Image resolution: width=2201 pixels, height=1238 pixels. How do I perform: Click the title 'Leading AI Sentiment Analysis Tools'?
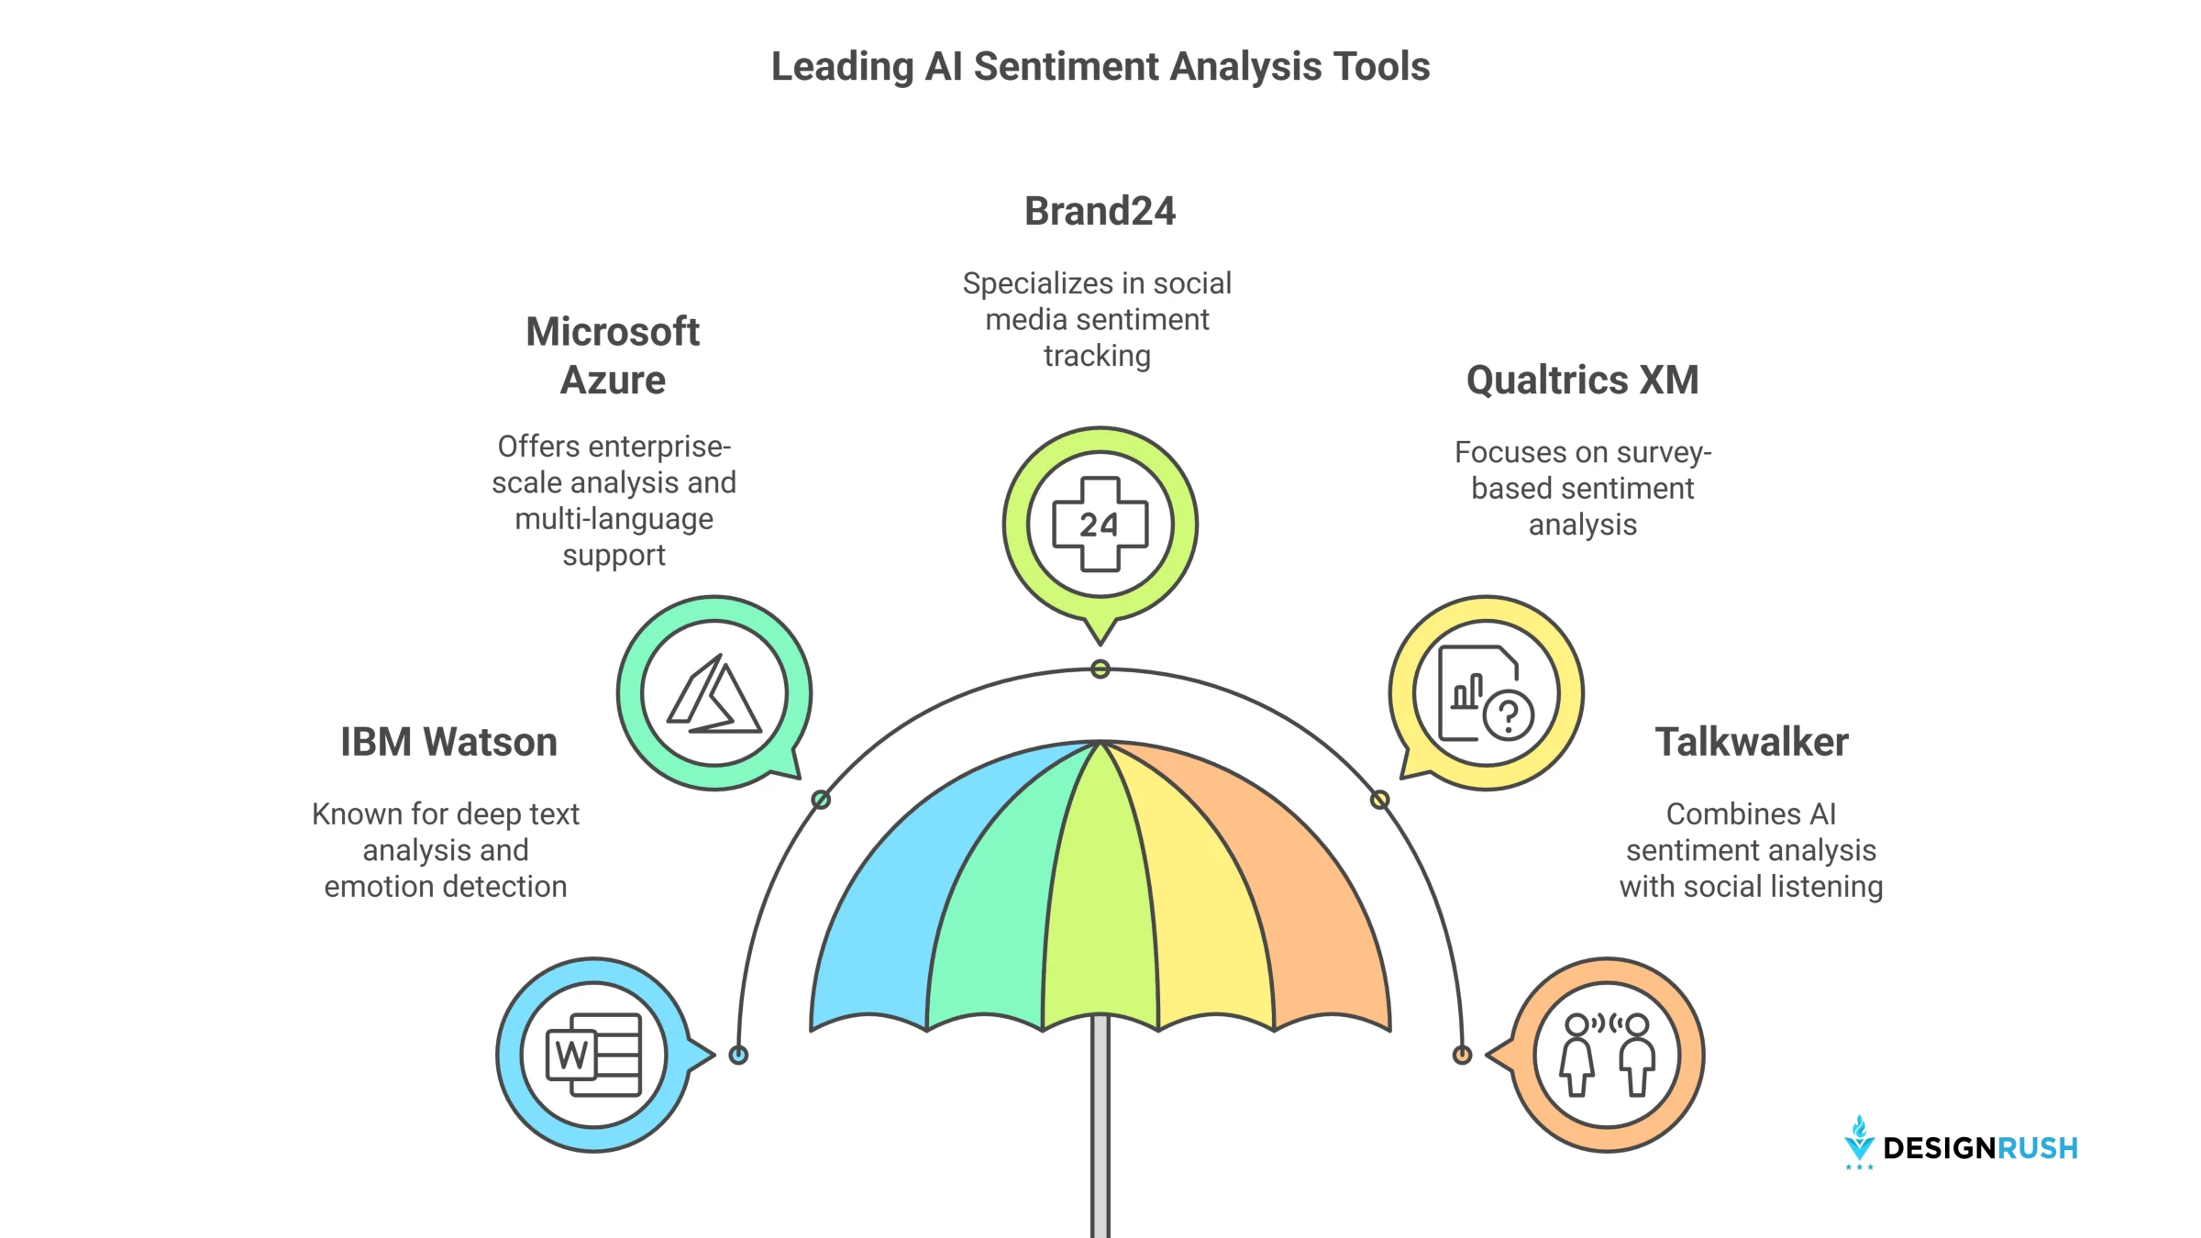point(1100,67)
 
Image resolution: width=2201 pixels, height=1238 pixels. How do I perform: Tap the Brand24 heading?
point(1100,211)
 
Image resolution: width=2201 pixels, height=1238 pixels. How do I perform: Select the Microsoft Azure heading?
point(613,356)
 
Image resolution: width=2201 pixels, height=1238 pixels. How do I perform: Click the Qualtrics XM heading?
point(1582,380)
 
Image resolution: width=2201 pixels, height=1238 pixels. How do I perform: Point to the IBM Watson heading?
point(448,742)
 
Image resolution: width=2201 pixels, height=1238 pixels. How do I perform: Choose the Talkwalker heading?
point(1752,742)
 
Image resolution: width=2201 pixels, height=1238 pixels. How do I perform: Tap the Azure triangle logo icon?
point(714,693)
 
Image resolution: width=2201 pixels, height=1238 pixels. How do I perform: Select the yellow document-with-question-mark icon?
point(1487,693)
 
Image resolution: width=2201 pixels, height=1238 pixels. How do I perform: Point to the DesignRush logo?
point(1961,1144)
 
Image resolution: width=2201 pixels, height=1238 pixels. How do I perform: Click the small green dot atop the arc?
point(1100,669)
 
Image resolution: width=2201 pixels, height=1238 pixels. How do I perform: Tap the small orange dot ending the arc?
point(1462,1055)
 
